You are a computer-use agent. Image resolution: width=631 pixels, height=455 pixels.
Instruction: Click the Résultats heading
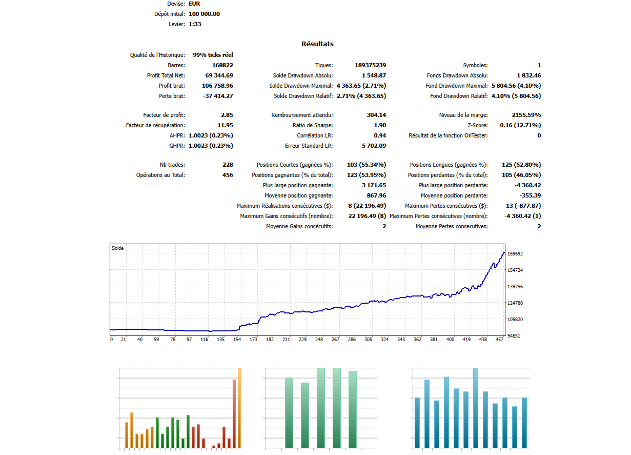click(317, 44)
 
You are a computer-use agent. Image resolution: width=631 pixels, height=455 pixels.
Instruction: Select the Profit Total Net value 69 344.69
click(218, 76)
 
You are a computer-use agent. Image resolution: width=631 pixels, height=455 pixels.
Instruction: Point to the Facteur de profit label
click(164, 115)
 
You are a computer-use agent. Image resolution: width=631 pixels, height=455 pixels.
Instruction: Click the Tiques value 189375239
click(370, 66)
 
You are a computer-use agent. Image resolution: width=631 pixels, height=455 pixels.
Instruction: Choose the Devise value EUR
click(195, 4)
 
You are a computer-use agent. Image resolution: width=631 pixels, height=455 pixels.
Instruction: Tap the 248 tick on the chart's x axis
click(319, 340)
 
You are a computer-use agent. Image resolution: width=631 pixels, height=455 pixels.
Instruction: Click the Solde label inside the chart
click(118, 248)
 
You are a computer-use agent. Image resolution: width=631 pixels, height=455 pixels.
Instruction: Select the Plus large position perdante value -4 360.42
click(524, 186)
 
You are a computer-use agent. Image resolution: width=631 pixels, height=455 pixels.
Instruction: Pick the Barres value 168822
click(222, 66)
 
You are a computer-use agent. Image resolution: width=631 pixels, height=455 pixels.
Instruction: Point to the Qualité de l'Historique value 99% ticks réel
click(213, 55)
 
